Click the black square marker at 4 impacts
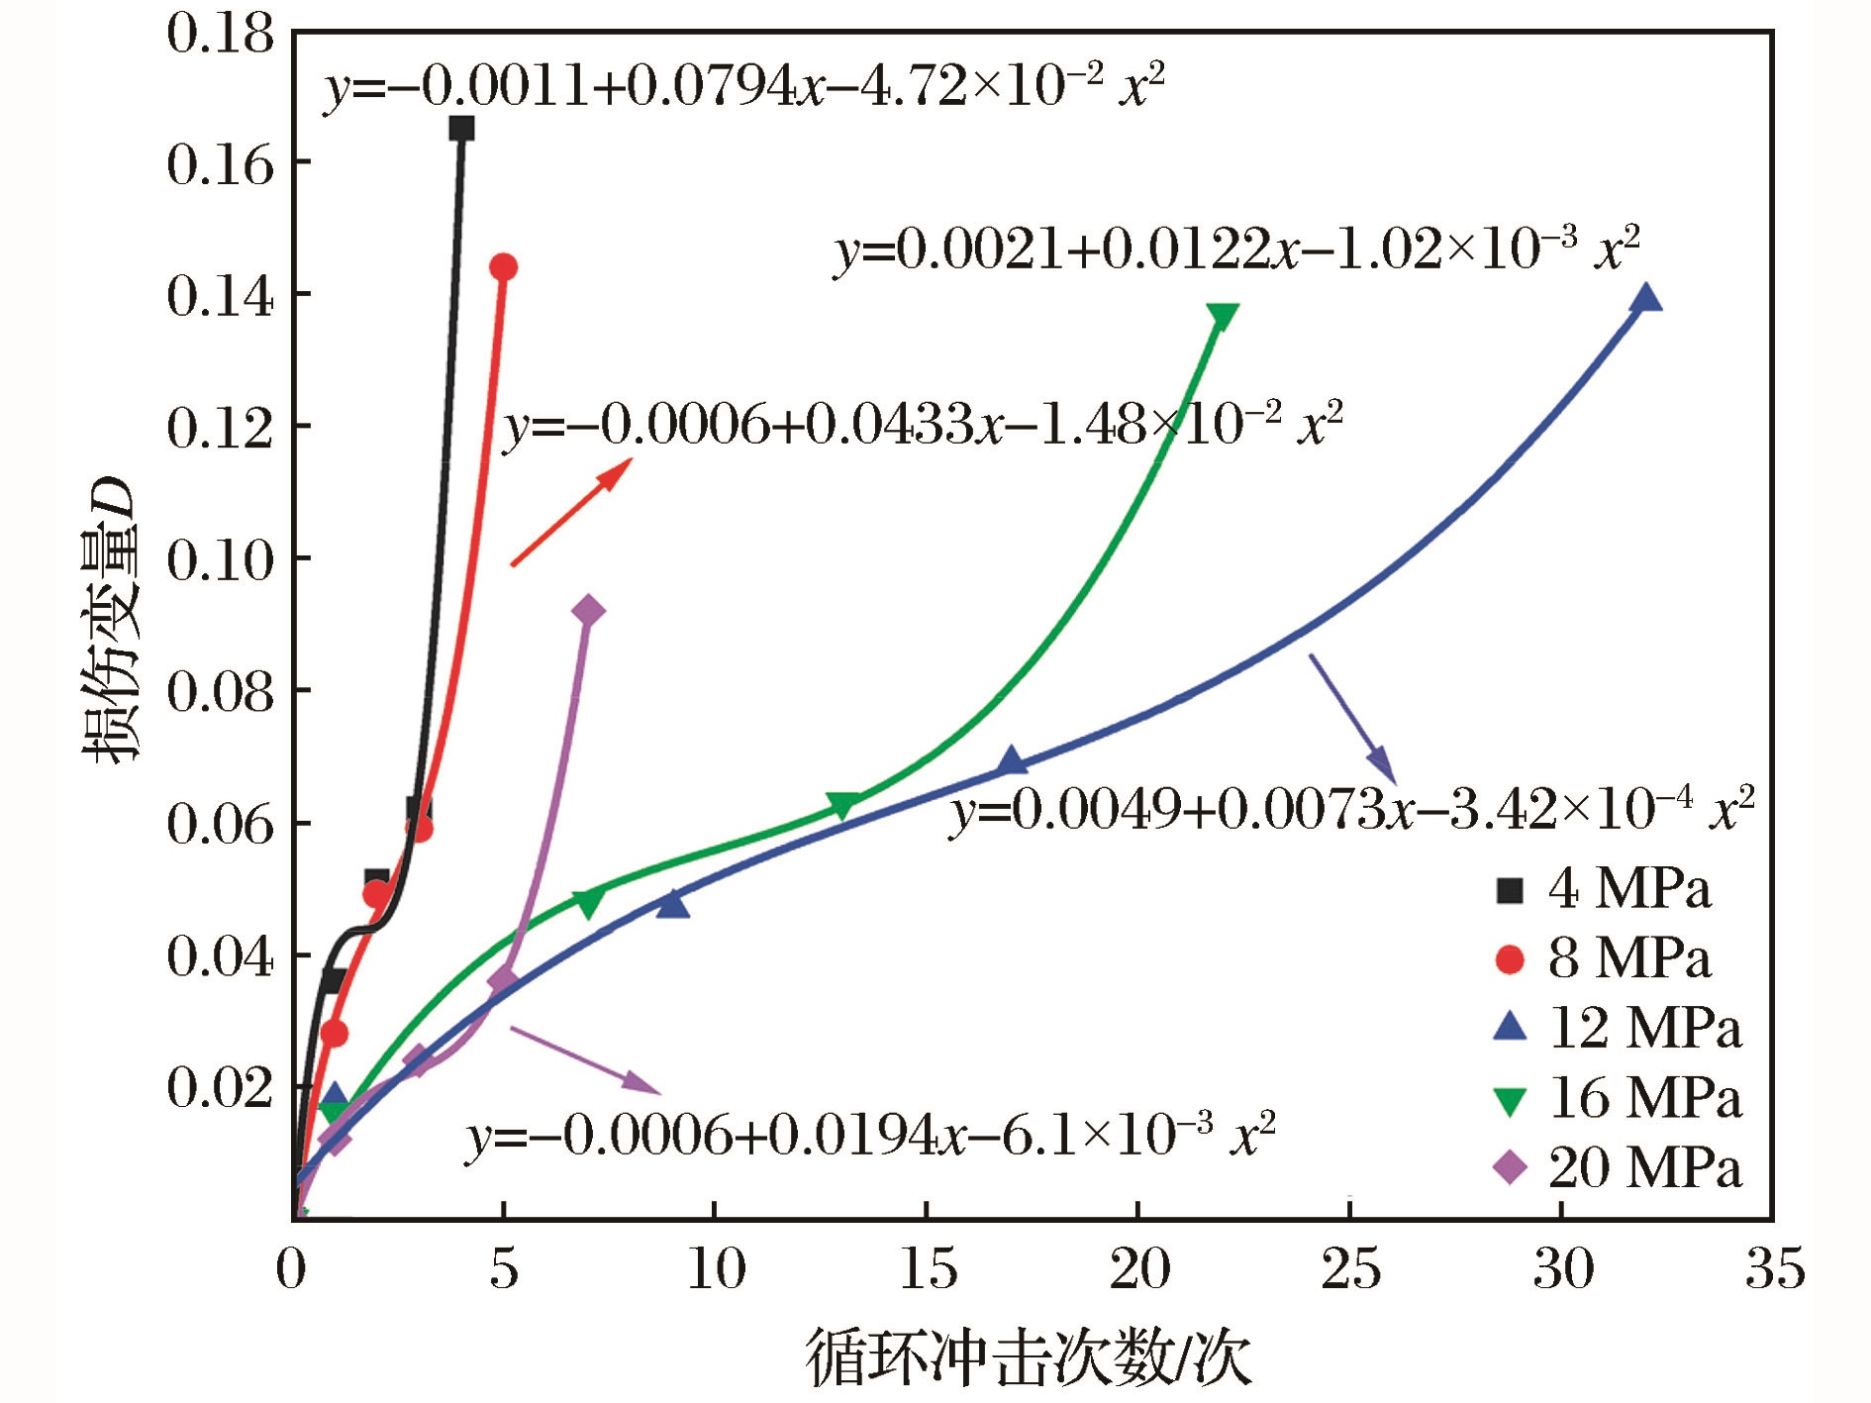(461, 128)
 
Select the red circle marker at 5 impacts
(504, 266)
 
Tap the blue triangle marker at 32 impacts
(1645, 298)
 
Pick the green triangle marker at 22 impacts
(1223, 317)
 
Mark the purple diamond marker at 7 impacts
(588, 610)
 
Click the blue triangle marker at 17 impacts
(1011, 760)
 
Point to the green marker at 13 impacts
(842, 806)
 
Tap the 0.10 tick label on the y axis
(219, 560)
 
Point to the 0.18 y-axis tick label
(219, 34)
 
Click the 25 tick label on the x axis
(1350, 1269)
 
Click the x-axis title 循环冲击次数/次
(1030, 1357)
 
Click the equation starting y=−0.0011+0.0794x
(743, 87)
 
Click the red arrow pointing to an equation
(571, 512)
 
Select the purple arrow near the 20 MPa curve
(585, 1059)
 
